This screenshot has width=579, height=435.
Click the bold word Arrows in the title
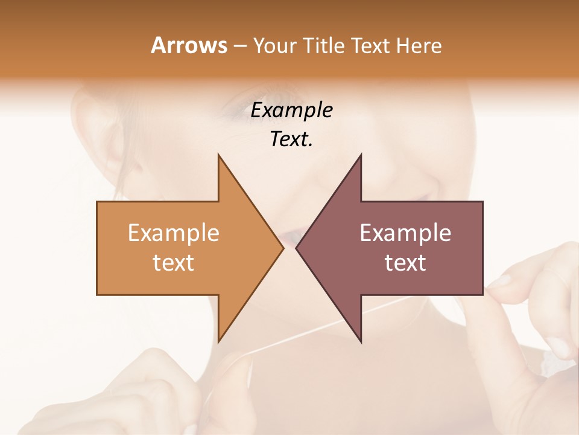click(189, 45)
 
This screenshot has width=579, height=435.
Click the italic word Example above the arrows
click(291, 111)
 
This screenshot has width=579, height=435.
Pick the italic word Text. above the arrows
click(291, 140)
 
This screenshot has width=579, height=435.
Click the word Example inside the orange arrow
click(174, 233)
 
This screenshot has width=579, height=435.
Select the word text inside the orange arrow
click(174, 263)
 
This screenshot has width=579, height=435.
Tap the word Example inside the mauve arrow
click(405, 233)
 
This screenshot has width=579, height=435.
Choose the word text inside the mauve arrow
click(405, 263)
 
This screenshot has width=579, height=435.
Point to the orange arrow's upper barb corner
click(218, 155)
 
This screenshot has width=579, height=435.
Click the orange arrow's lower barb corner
click(218, 341)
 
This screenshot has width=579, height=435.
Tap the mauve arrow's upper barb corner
click(361, 155)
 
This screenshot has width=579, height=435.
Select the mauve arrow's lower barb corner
click(361, 341)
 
